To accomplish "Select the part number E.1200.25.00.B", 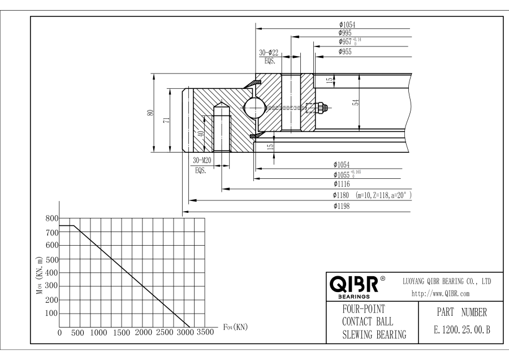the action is [x=461, y=330].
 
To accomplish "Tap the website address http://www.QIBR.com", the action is [x=441, y=294].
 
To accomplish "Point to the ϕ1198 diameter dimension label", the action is [x=342, y=206].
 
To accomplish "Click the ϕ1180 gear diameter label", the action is [x=341, y=195].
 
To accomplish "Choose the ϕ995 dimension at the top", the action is [x=345, y=33].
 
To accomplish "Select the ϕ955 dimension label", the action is [x=345, y=52].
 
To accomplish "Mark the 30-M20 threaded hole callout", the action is [x=202, y=160].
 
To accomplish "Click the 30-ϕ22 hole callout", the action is [x=269, y=53].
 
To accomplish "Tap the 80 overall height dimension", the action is [x=150, y=113].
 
